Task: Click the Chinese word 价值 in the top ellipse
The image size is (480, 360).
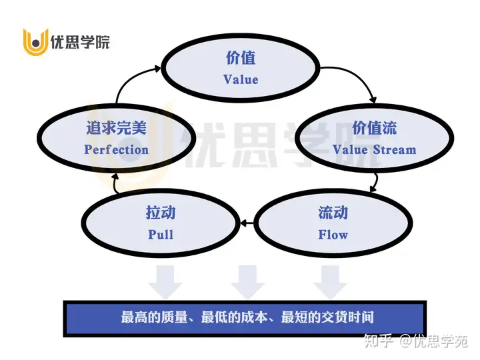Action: point(241,58)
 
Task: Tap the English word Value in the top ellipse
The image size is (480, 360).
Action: point(241,79)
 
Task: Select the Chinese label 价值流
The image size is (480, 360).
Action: point(374,127)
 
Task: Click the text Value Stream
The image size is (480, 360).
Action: point(374,149)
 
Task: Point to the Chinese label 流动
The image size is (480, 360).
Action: point(333,213)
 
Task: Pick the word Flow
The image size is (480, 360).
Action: point(333,235)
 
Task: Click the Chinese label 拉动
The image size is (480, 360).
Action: point(161,213)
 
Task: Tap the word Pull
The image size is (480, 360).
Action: point(161,235)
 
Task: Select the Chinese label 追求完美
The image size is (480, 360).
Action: point(117,128)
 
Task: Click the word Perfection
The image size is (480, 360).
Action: point(117,149)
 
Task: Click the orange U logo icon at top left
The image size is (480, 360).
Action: point(35,42)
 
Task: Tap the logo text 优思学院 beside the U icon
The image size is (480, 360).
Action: point(80,43)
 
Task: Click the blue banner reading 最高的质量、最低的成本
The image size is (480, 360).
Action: point(244,318)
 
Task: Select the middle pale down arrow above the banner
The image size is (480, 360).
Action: point(247,281)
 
